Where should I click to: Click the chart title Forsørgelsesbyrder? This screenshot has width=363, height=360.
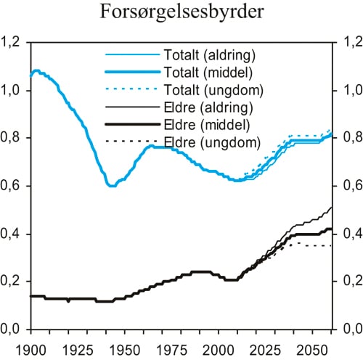(x=181, y=14)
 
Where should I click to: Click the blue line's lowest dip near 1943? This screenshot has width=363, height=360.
(x=111, y=186)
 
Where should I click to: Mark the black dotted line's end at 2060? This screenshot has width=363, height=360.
(x=333, y=246)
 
